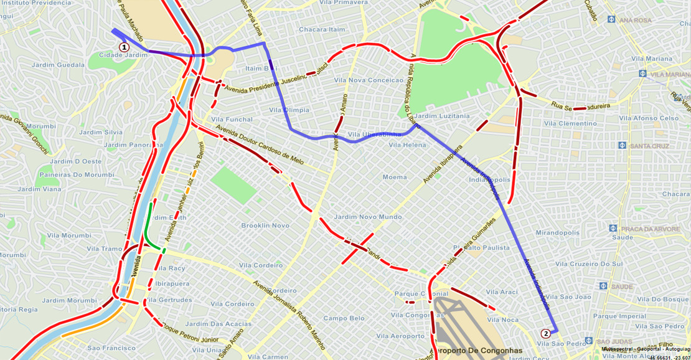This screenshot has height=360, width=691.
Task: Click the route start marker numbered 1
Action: click(124, 47)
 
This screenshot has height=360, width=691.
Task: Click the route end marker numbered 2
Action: click(546, 333)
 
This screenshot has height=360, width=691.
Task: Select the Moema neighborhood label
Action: click(395, 178)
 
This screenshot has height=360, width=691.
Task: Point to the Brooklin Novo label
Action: click(265, 225)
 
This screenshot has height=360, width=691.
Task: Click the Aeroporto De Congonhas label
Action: click(481, 351)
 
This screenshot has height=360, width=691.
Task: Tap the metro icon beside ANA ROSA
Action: click(612, 20)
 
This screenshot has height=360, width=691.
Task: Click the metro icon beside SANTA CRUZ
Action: click(622, 146)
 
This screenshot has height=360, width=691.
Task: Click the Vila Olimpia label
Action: click(289, 110)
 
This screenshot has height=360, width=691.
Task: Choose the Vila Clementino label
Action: click(570, 124)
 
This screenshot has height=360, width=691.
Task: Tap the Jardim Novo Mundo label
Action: click(368, 217)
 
